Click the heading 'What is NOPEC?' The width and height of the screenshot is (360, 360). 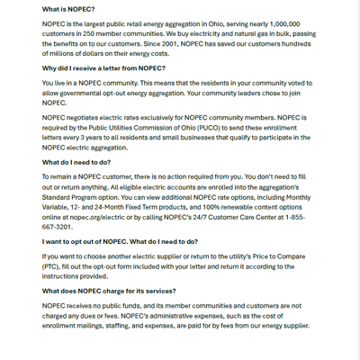(x=68, y=9)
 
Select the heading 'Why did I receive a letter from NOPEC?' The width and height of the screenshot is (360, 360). (x=103, y=67)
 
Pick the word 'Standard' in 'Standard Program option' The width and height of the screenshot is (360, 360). (x=60, y=196)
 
